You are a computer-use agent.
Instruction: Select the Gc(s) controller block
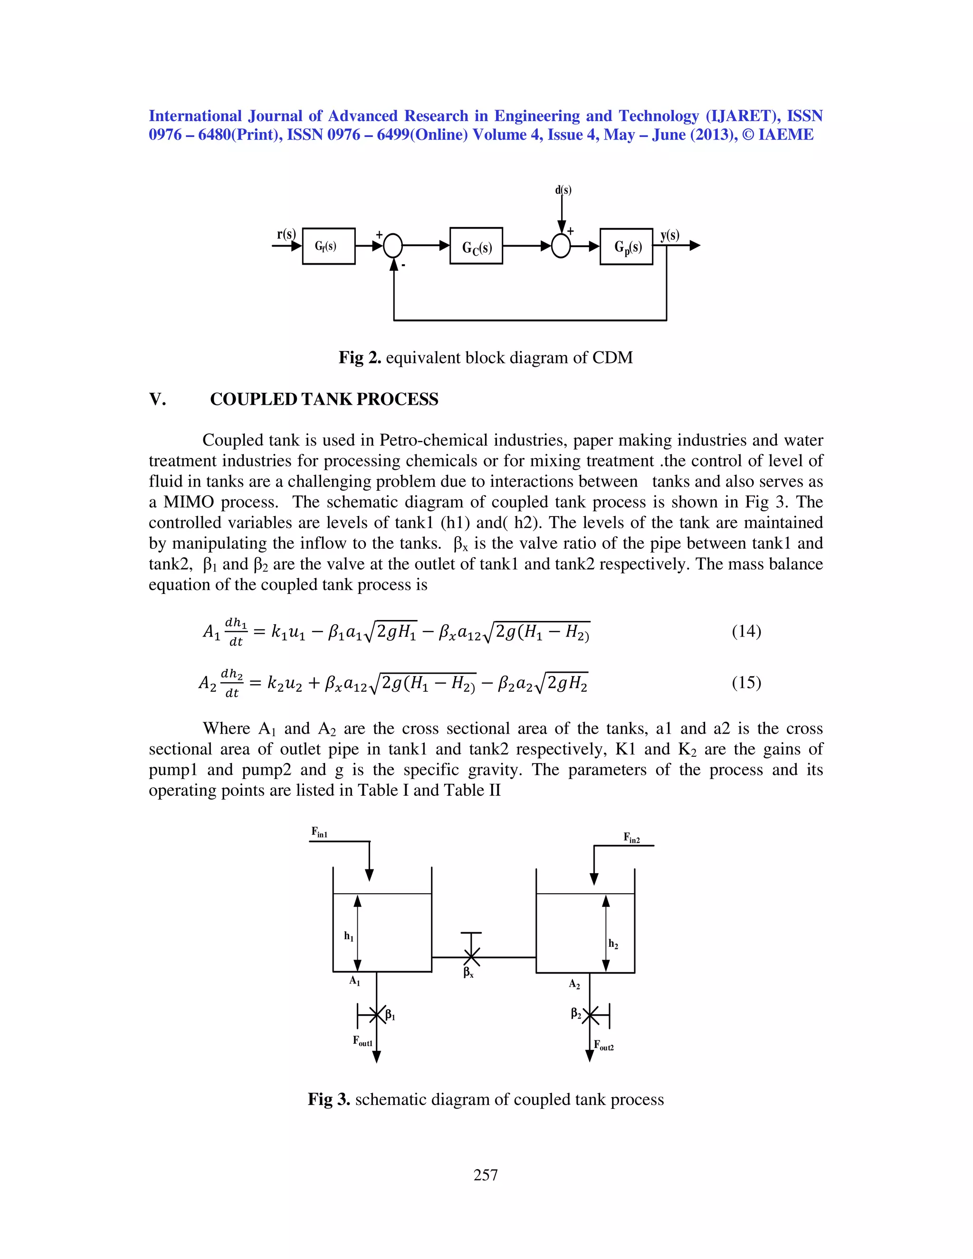[476, 246]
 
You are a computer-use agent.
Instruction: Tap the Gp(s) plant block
[626, 247]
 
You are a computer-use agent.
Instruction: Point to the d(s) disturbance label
[563, 190]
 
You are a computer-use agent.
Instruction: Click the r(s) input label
[286, 234]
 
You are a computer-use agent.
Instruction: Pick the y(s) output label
[670, 235]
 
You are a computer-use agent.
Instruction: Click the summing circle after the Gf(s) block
[393, 246]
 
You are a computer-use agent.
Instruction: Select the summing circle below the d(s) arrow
[561, 246]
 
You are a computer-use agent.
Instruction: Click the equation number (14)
[746, 631]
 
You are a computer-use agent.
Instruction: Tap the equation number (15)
[746, 683]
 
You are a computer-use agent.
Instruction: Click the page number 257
[486, 1175]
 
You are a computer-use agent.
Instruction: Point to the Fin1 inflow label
[319, 832]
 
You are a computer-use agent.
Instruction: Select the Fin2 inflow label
[631, 838]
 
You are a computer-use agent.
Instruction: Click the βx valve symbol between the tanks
[471, 957]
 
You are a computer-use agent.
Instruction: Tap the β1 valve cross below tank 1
[376, 1015]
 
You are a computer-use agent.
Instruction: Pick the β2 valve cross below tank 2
[590, 1015]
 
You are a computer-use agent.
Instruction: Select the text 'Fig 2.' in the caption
[360, 358]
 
